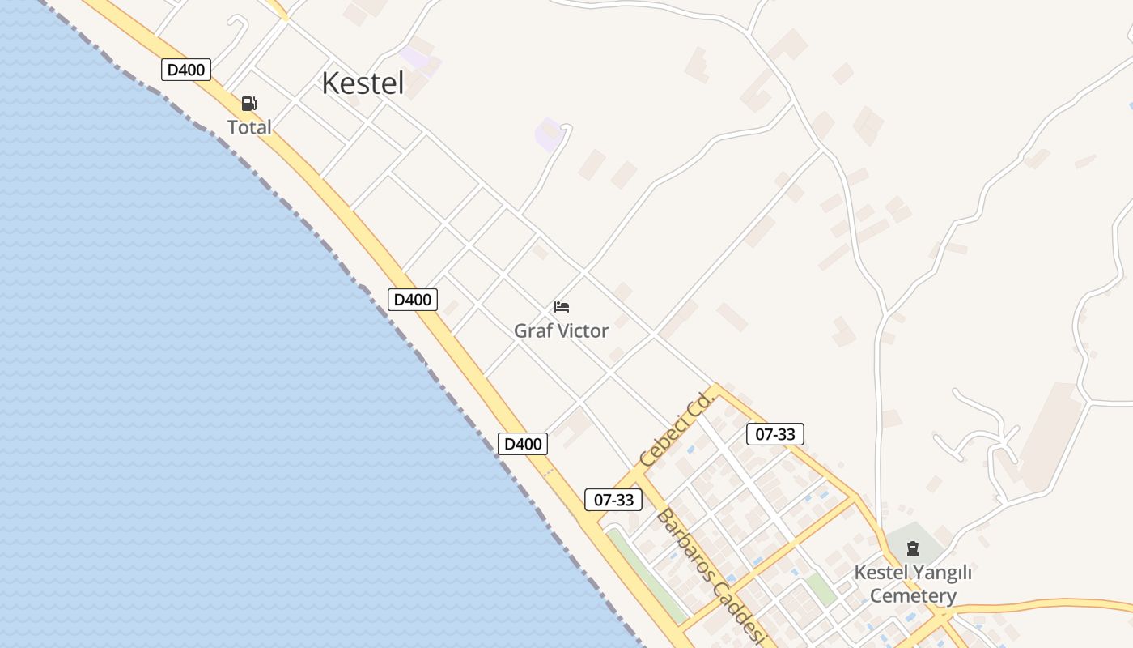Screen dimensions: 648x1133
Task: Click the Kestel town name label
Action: (x=363, y=83)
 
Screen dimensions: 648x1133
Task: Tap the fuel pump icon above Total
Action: (x=249, y=104)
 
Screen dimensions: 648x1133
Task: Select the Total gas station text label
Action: (x=249, y=127)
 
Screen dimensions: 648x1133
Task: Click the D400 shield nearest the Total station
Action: (x=186, y=70)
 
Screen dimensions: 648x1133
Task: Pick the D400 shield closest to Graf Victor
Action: (x=413, y=300)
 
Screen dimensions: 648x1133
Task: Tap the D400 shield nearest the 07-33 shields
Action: (x=523, y=444)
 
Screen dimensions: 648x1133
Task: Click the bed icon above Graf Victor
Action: (x=562, y=307)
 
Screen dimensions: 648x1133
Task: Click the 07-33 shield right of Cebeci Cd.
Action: (x=775, y=434)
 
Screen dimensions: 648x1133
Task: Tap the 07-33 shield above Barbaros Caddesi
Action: (x=613, y=500)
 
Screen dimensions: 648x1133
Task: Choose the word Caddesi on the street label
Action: (x=743, y=616)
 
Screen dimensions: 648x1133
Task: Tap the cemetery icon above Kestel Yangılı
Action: (x=913, y=548)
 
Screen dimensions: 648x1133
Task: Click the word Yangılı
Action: (x=941, y=573)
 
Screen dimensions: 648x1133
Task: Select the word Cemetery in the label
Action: (x=913, y=597)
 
